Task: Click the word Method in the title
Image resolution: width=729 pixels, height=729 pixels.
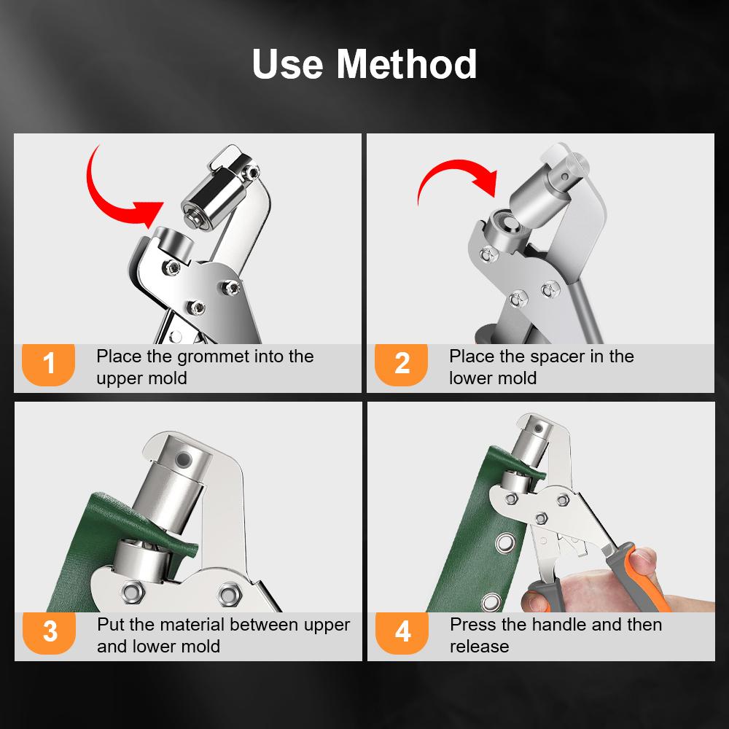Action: point(406,64)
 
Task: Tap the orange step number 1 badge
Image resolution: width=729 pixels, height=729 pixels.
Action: point(49,363)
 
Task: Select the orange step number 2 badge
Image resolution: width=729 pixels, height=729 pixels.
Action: point(402,363)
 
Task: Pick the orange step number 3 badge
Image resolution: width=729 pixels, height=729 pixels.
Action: point(49,631)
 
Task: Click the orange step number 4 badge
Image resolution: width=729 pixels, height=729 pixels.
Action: point(402,631)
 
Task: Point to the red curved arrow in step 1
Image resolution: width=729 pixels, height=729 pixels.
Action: point(109,190)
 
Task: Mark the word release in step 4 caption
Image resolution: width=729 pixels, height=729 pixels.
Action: point(479,646)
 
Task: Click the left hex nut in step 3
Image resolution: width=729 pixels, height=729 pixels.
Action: point(133,589)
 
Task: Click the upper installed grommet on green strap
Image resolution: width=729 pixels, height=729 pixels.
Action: point(502,543)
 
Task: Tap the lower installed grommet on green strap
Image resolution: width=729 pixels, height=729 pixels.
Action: point(492,601)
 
